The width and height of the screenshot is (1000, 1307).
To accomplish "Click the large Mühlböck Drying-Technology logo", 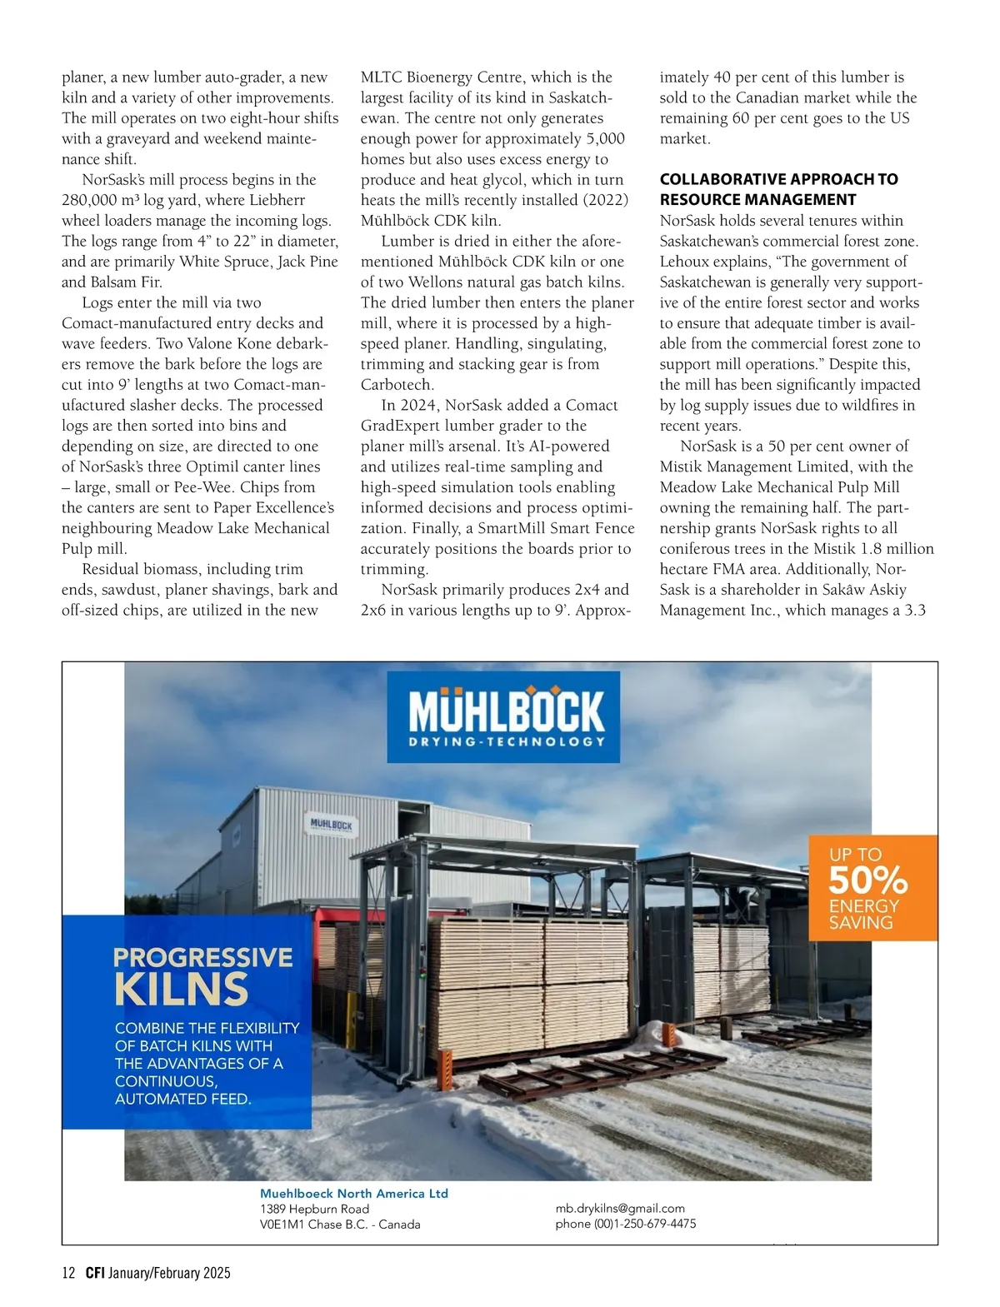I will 503,716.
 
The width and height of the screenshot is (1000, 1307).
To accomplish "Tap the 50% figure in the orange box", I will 867,880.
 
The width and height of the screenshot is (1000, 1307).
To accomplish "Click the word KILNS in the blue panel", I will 181,989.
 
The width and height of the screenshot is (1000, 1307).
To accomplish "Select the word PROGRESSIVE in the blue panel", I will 202,957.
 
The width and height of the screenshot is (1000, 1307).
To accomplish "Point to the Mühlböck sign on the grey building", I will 331,825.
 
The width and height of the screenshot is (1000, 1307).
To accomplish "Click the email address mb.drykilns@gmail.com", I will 620,1208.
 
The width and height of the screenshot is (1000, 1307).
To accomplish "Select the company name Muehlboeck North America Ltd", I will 354,1193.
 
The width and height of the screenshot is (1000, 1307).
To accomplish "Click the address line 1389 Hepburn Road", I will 314,1209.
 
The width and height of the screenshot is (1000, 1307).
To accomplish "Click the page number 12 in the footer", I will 69,1273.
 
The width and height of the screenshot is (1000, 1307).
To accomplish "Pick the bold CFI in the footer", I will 94,1273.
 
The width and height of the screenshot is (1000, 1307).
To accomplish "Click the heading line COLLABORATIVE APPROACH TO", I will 778,179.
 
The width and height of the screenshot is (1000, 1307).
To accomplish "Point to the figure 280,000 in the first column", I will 89,200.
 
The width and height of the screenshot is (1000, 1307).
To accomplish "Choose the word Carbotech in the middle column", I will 396,385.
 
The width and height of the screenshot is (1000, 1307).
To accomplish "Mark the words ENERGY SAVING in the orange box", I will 862,914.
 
